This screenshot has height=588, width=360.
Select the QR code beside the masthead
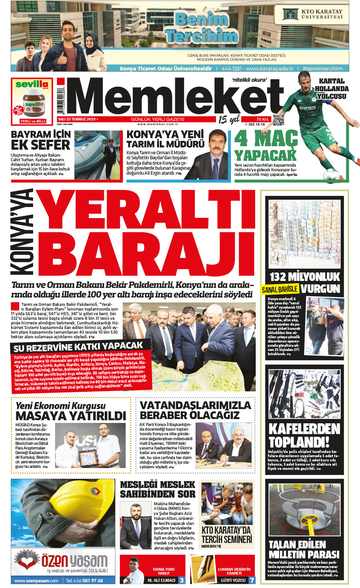click(x=278, y=120)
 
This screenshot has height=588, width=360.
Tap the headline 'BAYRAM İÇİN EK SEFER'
click(x=40, y=140)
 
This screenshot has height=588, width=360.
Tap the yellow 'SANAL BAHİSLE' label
click(x=280, y=289)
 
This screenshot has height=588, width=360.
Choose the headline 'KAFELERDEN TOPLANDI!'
click(x=304, y=435)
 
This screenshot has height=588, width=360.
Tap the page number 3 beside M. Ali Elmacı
click(x=182, y=580)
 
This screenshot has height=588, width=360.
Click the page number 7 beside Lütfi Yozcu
click(x=252, y=580)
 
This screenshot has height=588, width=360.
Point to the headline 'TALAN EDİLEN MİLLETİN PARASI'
click(x=304, y=550)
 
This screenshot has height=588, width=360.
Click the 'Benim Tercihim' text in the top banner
click(x=202, y=28)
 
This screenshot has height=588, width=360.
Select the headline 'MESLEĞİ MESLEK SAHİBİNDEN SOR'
click(x=157, y=489)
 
